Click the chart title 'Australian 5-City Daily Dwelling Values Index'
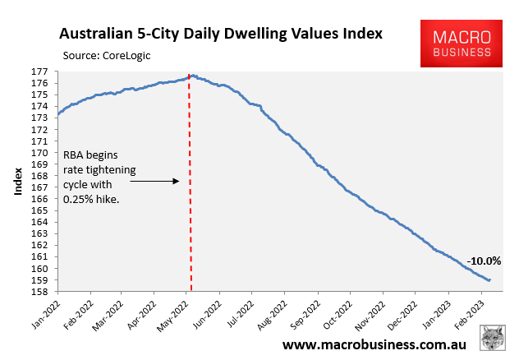point(220,35)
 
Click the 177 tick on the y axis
point(39,72)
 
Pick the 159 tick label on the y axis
point(39,280)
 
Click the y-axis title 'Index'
point(17,182)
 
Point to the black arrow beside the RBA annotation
point(154,181)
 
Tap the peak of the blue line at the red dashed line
point(191,76)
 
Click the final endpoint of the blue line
point(490,280)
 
